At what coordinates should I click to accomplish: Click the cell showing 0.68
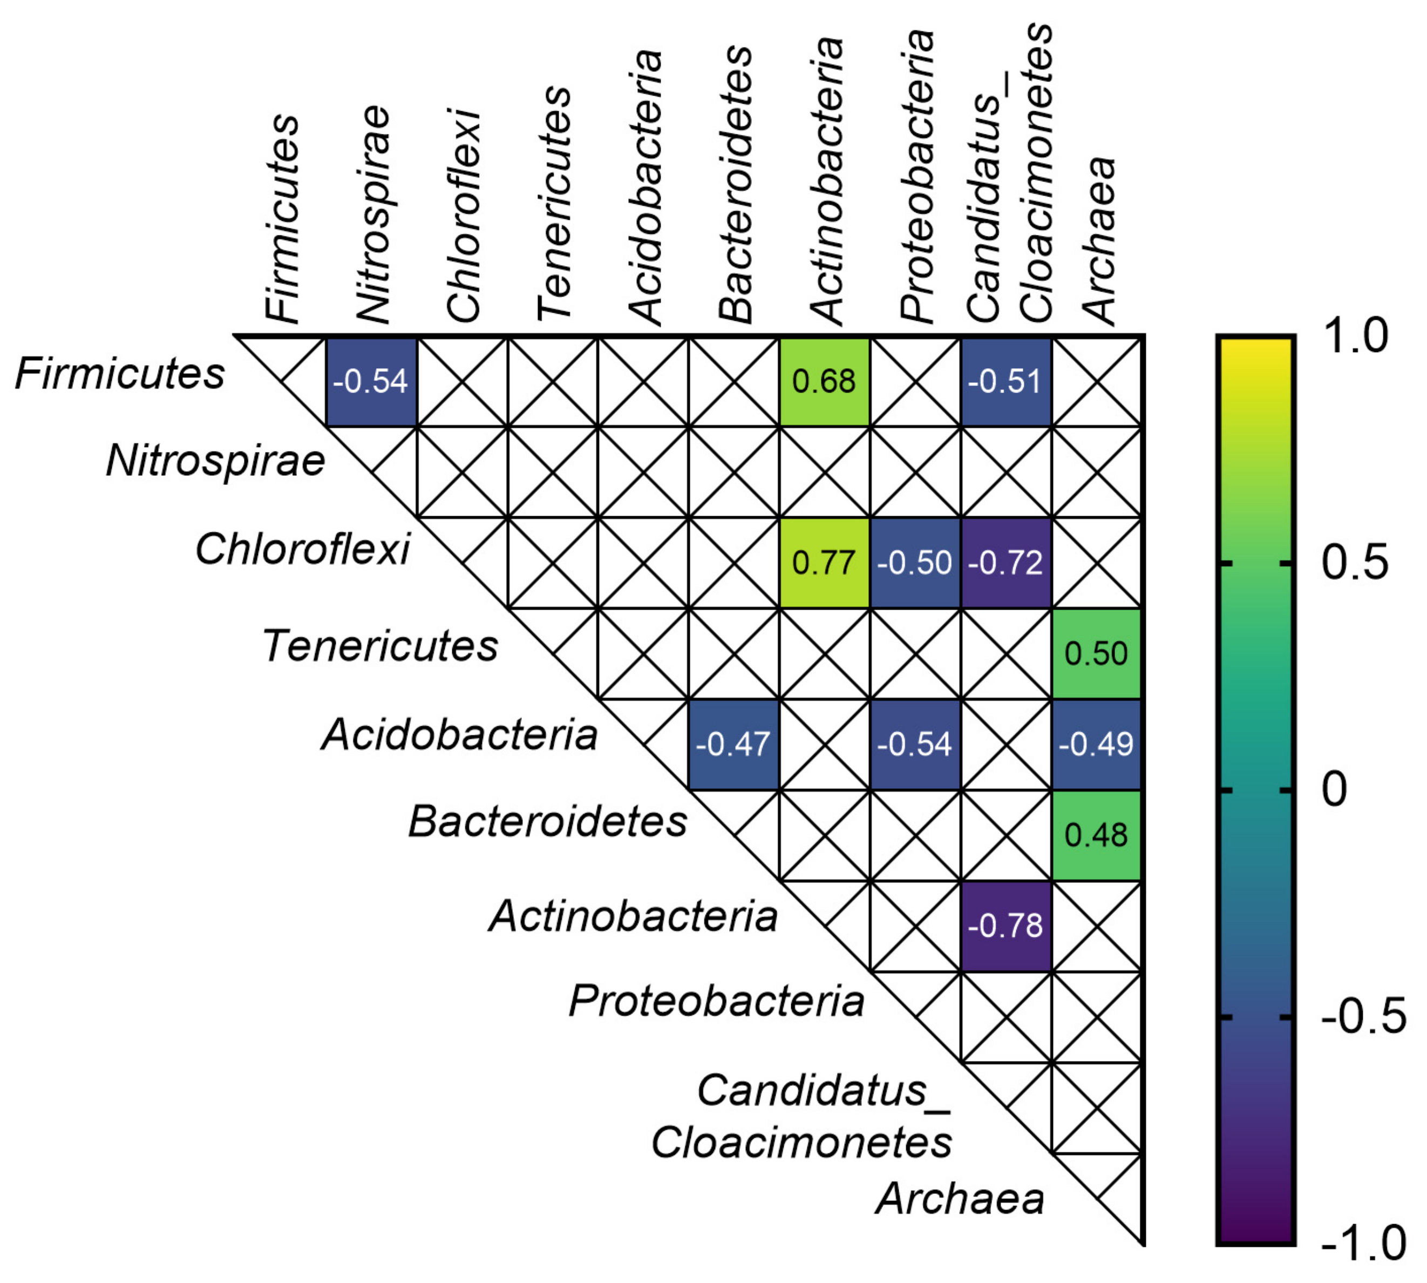pyautogui.click(x=824, y=381)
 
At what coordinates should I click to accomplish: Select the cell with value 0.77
pyautogui.click(x=824, y=563)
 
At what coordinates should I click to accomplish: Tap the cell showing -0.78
pyautogui.click(x=1005, y=926)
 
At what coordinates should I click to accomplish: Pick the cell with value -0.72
pyautogui.click(x=1005, y=563)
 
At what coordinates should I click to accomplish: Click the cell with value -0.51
pyautogui.click(x=1005, y=381)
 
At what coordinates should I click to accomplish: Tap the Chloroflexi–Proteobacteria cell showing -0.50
pyautogui.click(x=915, y=563)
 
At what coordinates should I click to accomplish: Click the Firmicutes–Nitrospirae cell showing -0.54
pyautogui.click(x=371, y=381)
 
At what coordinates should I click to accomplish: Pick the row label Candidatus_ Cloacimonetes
pyautogui.click(x=802, y=1117)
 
